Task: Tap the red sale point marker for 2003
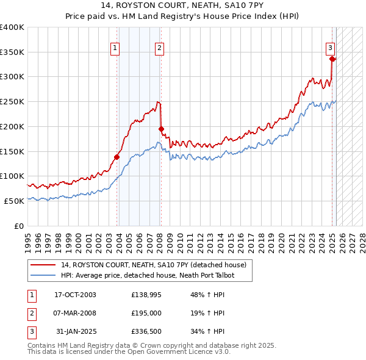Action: (x=117, y=157)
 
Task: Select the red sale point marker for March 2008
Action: (x=161, y=129)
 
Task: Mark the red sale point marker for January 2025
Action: (x=332, y=59)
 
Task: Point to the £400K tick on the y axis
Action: (x=12, y=27)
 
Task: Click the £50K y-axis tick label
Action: (x=15, y=201)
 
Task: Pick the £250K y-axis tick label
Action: (x=12, y=102)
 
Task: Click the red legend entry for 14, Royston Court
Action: (x=153, y=265)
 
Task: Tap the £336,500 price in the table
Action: (x=146, y=331)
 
